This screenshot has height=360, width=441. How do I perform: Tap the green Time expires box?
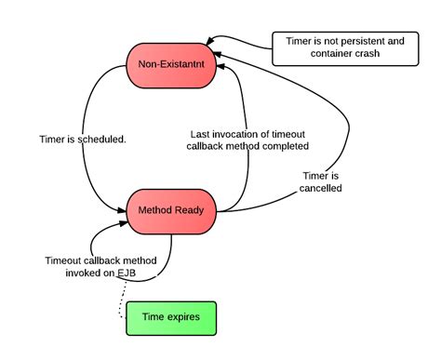pos(171,317)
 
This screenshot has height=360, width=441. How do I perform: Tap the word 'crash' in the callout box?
pos(365,55)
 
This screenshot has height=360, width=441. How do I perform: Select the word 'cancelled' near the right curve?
pos(322,188)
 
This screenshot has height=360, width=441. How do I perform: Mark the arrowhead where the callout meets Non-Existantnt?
pos(211,41)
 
